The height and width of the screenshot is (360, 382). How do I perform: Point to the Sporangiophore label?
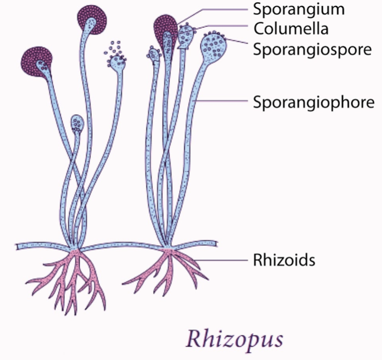click(x=314, y=102)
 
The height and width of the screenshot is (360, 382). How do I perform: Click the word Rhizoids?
click(x=279, y=260)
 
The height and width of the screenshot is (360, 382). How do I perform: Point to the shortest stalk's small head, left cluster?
click(x=78, y=123)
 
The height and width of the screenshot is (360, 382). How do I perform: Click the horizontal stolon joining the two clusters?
click(x=120, y=246)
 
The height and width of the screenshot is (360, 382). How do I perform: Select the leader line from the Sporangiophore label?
click(x=223, y=101)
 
